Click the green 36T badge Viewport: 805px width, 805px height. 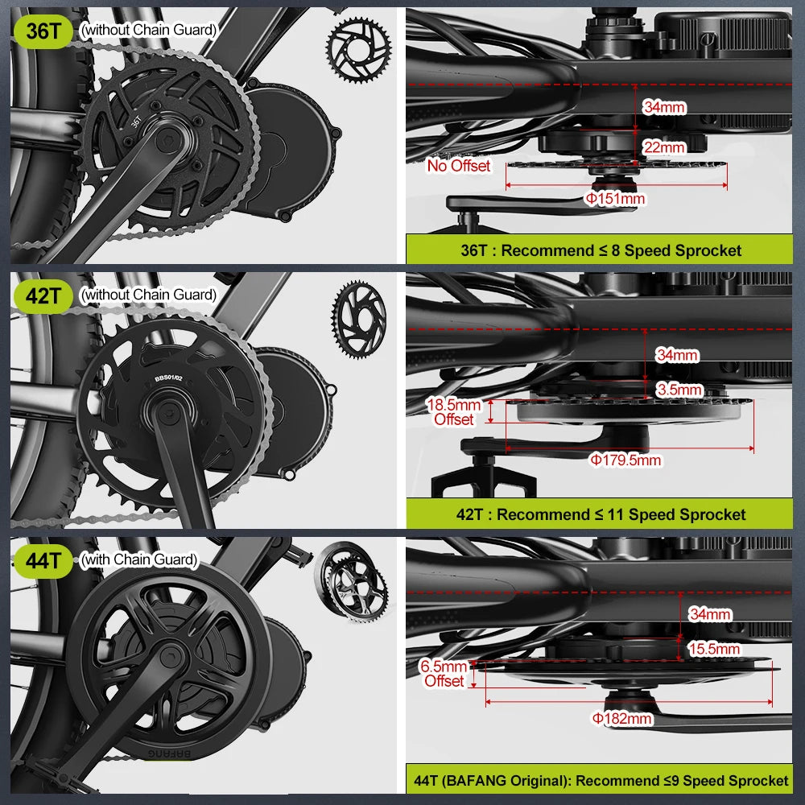[43, 31]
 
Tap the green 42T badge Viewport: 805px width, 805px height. [43, 296]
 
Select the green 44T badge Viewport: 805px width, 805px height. [43, 560]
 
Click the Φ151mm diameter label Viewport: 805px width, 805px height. [615, 199]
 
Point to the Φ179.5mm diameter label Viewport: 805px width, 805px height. [625, 460]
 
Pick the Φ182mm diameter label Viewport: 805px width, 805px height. [622, 718]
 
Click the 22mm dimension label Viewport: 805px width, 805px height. [664, 148]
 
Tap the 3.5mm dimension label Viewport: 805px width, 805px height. [679, 390]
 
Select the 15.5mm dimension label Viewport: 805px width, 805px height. [713, 649]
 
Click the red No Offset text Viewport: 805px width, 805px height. [459, 166]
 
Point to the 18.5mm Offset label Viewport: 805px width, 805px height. [454, 412]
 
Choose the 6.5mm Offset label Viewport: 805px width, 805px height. [444, 674]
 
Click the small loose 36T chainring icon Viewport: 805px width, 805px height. [358, 50]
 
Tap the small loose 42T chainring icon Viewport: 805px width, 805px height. [359, 320]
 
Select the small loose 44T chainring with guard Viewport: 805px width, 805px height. [351, 582]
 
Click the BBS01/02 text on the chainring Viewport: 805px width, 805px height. [168, 378]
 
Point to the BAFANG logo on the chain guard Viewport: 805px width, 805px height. [169, 753]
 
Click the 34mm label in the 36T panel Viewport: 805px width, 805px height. [664, 107]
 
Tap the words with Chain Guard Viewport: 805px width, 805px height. [139, 559]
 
